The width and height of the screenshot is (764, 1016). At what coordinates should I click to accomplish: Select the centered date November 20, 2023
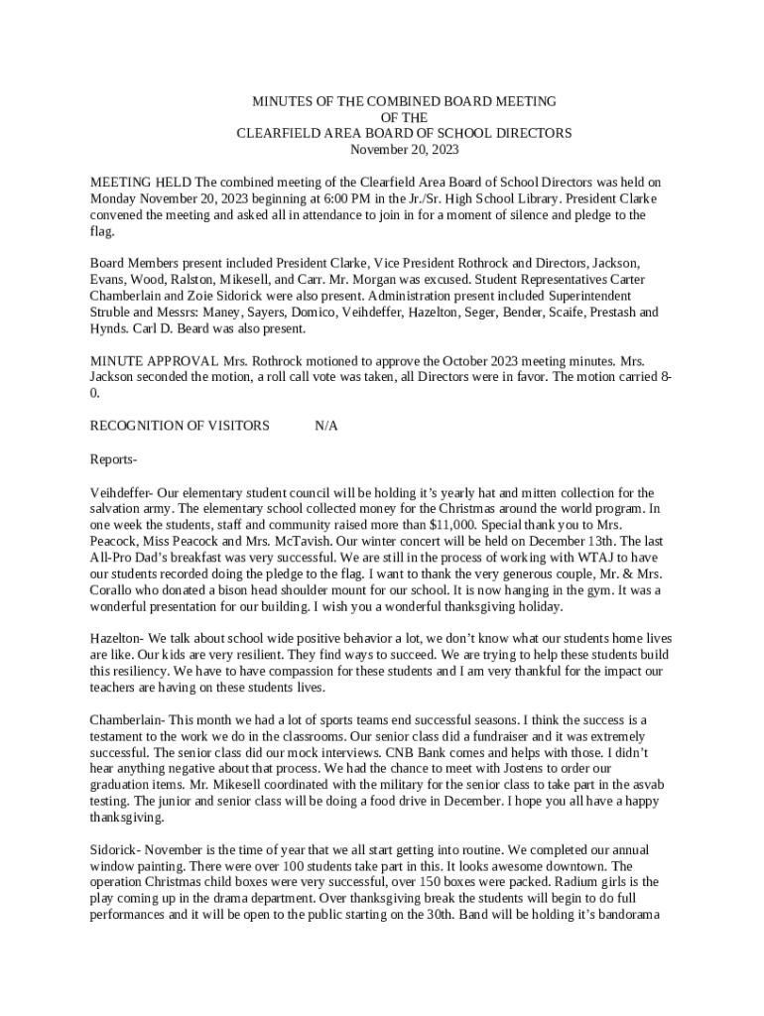click(405, 149)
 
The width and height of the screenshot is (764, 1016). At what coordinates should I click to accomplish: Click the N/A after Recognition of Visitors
click(326, 426)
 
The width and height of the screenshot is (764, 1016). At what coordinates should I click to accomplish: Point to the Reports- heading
click(113, 459)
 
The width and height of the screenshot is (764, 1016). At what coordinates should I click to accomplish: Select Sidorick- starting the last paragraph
click(120, 848)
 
